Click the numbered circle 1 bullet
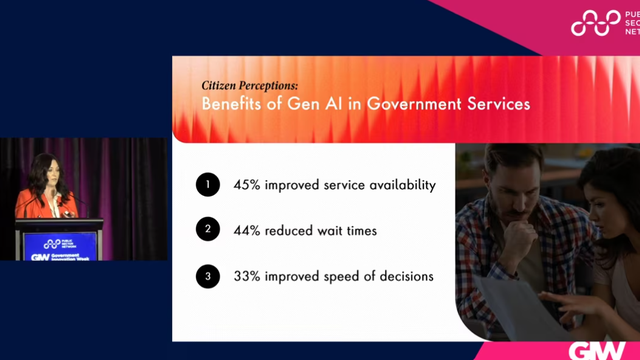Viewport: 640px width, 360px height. click(x=208, y=185)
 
